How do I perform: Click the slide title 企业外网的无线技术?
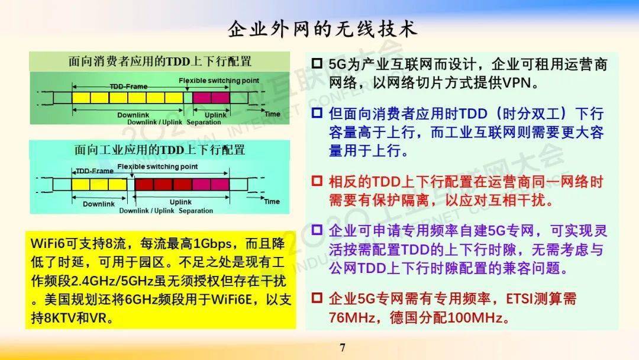point(322,30)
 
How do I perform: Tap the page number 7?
point(343,348)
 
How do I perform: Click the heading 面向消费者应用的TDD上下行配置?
point(160,62)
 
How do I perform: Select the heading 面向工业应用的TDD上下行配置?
point(160,150)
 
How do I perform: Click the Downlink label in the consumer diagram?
point(133,115)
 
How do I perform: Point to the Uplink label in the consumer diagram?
point(215,115)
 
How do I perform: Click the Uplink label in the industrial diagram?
point(180,202)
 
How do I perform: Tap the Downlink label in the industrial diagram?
point(99,204)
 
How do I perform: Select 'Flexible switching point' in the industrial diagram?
point(157,166)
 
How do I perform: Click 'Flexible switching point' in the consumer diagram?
point(219,81)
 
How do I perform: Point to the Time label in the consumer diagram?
point(272,114)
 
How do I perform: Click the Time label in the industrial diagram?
point(272,201)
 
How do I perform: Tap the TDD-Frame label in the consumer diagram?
point(129,86)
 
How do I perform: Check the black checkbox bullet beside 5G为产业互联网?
point(317,63)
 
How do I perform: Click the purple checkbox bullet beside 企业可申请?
point(317,230)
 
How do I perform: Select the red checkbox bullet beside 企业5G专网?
point(317,298)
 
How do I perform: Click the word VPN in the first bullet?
point(517,83)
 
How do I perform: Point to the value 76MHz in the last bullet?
point(352,317)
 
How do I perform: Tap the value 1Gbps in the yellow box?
point(212,243)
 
